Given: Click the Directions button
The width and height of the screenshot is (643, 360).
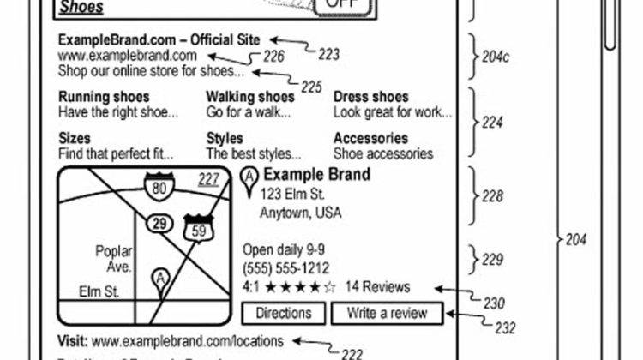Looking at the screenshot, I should point(284,313).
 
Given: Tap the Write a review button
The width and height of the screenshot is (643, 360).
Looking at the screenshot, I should point(388,313).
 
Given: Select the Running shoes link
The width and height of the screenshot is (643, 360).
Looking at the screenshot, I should point(104,97).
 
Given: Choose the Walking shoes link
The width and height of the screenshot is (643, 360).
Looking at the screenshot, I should point(249,97).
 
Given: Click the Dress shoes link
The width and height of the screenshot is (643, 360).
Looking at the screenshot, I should point(370,97).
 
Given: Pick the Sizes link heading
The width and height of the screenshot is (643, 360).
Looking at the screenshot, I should point(75,138).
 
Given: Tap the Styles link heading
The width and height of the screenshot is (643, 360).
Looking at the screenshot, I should point(225,138).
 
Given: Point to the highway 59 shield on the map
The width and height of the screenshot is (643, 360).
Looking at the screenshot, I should point(196,229).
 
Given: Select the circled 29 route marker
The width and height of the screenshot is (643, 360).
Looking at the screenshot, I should point(158,224).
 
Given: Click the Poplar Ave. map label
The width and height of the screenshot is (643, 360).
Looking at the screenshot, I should point(114,260).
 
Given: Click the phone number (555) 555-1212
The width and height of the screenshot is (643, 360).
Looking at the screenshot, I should point(286,268).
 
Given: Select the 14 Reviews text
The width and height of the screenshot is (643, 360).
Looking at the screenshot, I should point(378,287).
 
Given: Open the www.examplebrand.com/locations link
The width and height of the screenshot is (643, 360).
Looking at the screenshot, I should point(188,340).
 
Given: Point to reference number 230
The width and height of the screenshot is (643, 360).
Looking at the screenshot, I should point(493,303).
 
